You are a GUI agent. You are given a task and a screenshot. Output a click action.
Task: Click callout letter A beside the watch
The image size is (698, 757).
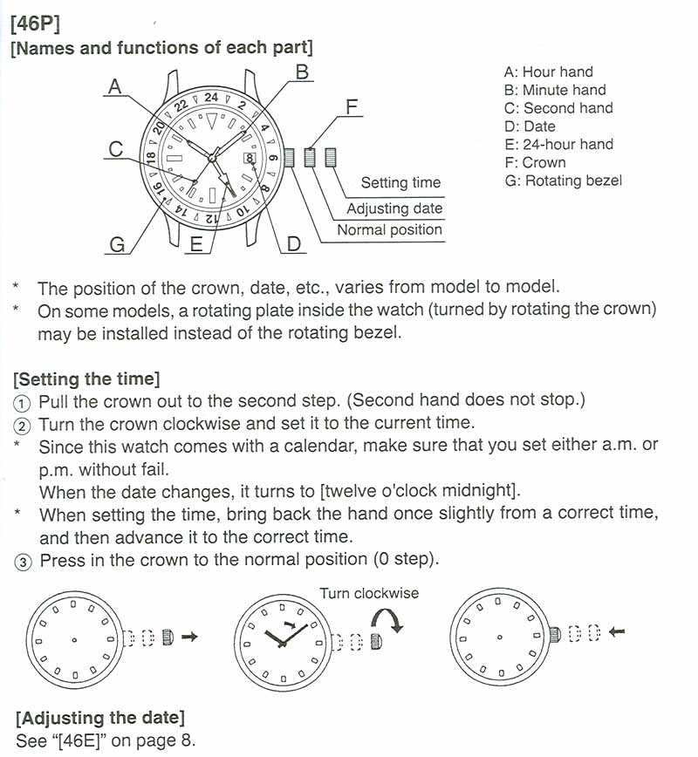coord(115,86)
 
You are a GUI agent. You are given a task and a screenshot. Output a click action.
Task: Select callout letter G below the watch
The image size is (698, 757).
coord(117,245)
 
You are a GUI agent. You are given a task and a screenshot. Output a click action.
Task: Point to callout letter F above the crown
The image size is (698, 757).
coord(351,107)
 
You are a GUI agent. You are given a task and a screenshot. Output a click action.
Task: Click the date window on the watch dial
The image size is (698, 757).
coord(250,159)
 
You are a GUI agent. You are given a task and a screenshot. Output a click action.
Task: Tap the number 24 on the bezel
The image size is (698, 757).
coord(211,98)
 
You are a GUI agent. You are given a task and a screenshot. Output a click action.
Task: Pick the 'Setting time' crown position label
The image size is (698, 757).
coord(400,183)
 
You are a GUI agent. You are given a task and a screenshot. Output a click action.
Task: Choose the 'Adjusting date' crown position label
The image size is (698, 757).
coord(394,208)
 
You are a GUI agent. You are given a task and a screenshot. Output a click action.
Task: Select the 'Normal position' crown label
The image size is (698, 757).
coord(389,230)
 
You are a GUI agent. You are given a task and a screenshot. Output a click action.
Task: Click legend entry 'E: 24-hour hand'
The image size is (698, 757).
coord(558,144)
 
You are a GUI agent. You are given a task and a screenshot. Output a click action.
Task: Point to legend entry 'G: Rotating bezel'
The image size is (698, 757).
coord(563,181)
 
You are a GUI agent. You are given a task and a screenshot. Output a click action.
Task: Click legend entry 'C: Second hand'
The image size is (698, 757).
coord(558,108)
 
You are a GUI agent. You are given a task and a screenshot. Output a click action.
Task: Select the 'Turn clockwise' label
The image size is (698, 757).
coord(369,594)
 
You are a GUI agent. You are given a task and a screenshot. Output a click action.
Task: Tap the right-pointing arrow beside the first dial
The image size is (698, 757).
coord(189,637)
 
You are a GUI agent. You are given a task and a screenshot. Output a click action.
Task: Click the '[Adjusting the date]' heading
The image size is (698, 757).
coord(100,719)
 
